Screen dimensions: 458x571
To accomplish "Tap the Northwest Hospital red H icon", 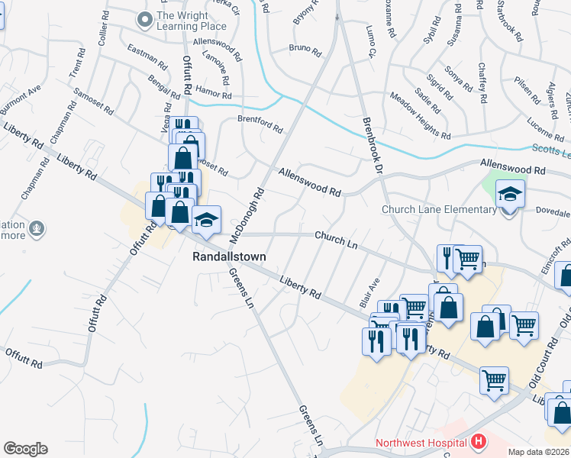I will click(479, 442).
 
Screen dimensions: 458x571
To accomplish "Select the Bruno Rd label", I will click(305, 50).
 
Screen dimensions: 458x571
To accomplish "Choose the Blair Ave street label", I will click(369, 291).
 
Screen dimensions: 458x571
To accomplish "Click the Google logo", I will click(25, 449).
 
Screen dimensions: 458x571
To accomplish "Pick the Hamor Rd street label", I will click(213, 92).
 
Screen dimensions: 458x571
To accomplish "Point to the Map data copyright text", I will click(537, 452).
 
